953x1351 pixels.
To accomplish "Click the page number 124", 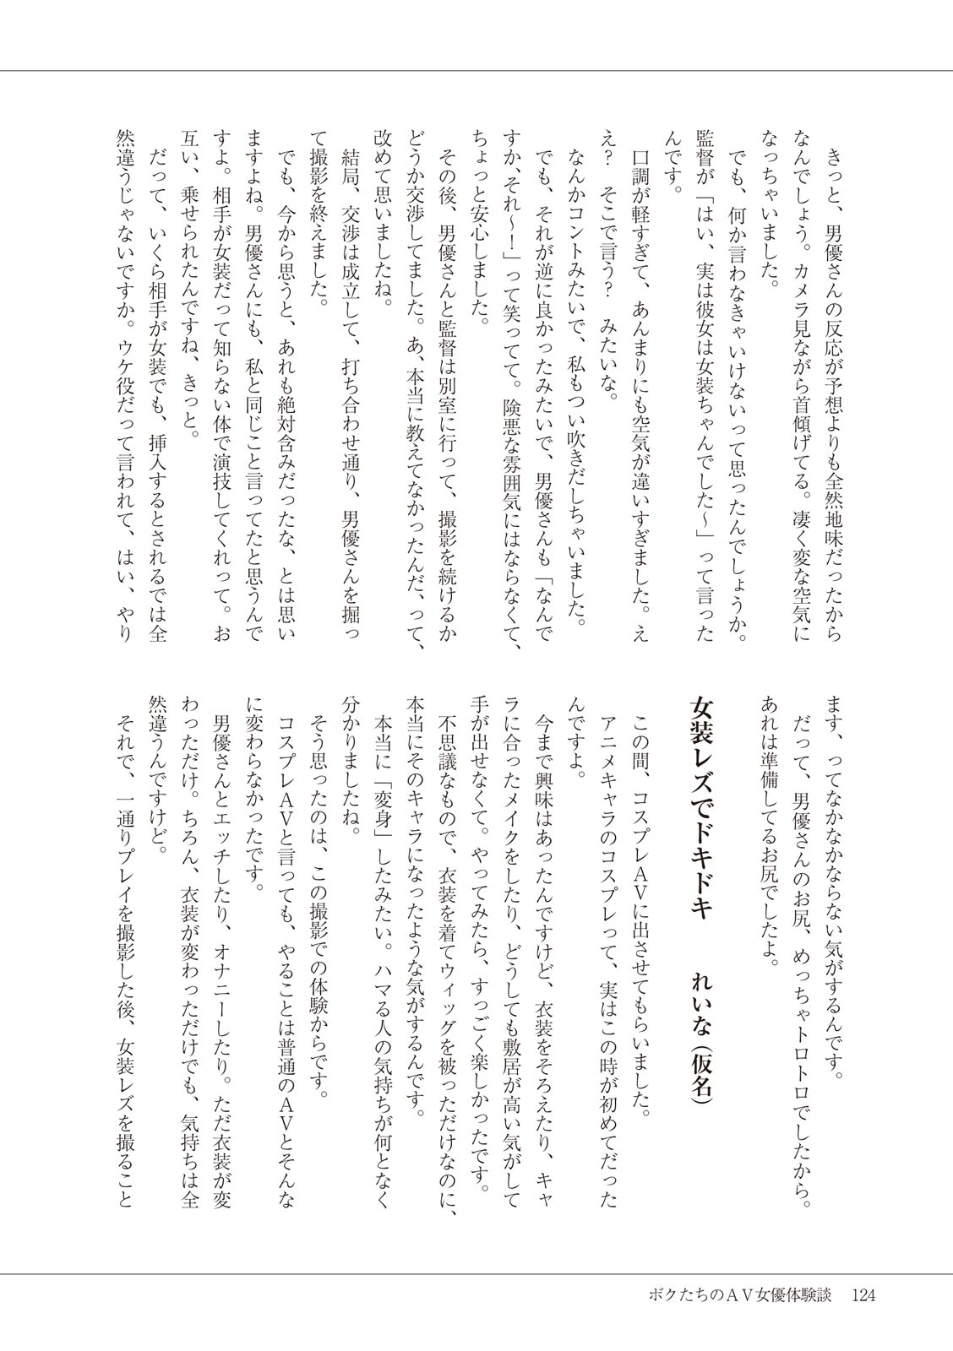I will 869,1294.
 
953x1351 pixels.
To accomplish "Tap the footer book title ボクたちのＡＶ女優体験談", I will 734,1294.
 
